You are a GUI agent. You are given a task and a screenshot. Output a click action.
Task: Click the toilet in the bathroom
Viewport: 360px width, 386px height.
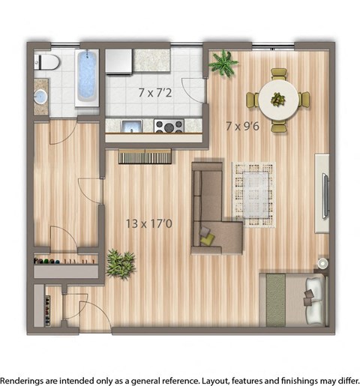pyautogui.click(x=47, y=62)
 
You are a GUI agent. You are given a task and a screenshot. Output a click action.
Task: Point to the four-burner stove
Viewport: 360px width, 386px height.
pyautogui.click(x=169, y=125)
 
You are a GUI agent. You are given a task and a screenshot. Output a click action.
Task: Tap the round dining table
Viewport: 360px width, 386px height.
pyautogui.click(x=278, y=100)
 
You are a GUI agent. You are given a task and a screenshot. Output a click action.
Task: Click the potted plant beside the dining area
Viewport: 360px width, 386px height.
pyautogui.click(x=223, y=63)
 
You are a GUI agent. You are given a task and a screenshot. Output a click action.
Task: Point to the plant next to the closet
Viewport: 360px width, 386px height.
pyautogui.click(x=120, y=263)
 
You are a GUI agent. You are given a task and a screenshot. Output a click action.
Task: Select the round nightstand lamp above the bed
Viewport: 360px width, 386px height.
pyautogui.click(x=322, y=264)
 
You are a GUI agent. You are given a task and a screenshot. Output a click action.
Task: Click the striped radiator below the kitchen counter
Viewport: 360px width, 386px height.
pyautogui.click(x=145, y=156)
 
